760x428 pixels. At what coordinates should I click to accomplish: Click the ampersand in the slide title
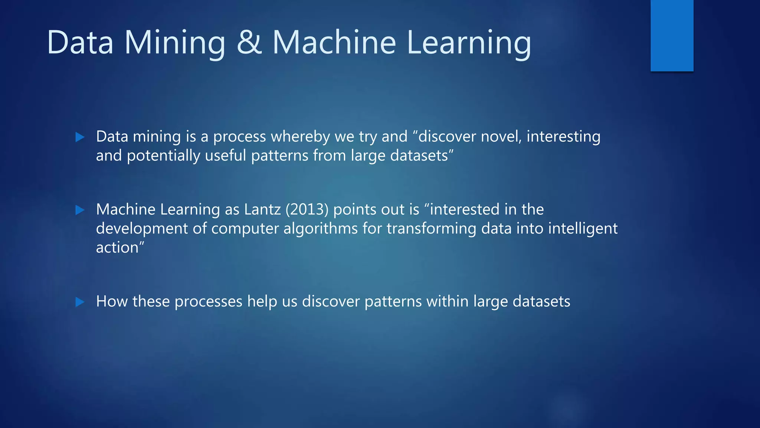pos(249,43)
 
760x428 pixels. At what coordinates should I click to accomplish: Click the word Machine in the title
pos(334,43)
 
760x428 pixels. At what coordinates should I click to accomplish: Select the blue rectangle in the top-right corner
pos(672,35)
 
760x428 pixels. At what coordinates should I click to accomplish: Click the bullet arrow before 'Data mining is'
pos(80,137)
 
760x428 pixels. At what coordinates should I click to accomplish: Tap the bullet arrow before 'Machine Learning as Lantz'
pos(80,210)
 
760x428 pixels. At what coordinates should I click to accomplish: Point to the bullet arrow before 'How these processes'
pos(80,302)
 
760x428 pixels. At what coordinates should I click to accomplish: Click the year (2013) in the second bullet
pos(307,210)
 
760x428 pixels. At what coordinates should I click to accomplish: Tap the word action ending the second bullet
pos(117,248)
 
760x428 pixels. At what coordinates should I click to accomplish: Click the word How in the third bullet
pos(112,301)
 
